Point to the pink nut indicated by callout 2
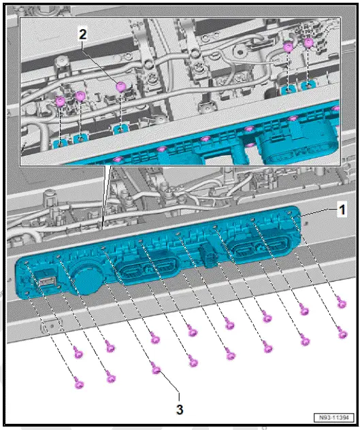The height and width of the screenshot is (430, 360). click(121, 86)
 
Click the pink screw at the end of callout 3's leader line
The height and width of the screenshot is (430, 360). click(155, 370)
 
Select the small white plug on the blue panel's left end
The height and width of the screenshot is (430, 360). click(46, 278)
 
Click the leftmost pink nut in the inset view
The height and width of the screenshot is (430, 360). click(60, 101)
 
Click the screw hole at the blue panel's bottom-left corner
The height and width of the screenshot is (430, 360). click(27, 293)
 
